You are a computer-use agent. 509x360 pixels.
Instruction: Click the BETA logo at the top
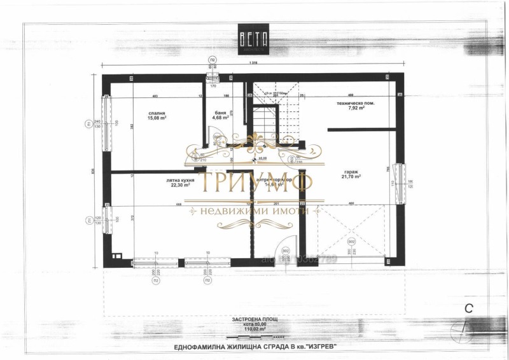pyautogui.click(x=254, y=39)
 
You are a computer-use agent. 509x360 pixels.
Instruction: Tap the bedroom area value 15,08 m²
pyautogui.click(x=157, y=118)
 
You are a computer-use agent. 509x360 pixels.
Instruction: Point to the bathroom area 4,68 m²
pyautogui.click(x=220, y=117)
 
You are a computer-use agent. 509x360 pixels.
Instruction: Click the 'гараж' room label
pyautogui.click(x=352, y=171)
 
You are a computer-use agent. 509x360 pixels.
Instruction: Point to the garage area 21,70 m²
pyautogui.click(x=352, y=177)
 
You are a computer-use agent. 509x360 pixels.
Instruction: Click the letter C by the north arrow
pyautogui.click(x=468, y=309)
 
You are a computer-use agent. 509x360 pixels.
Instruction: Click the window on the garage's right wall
pyautogui.click(x=400, y=183)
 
